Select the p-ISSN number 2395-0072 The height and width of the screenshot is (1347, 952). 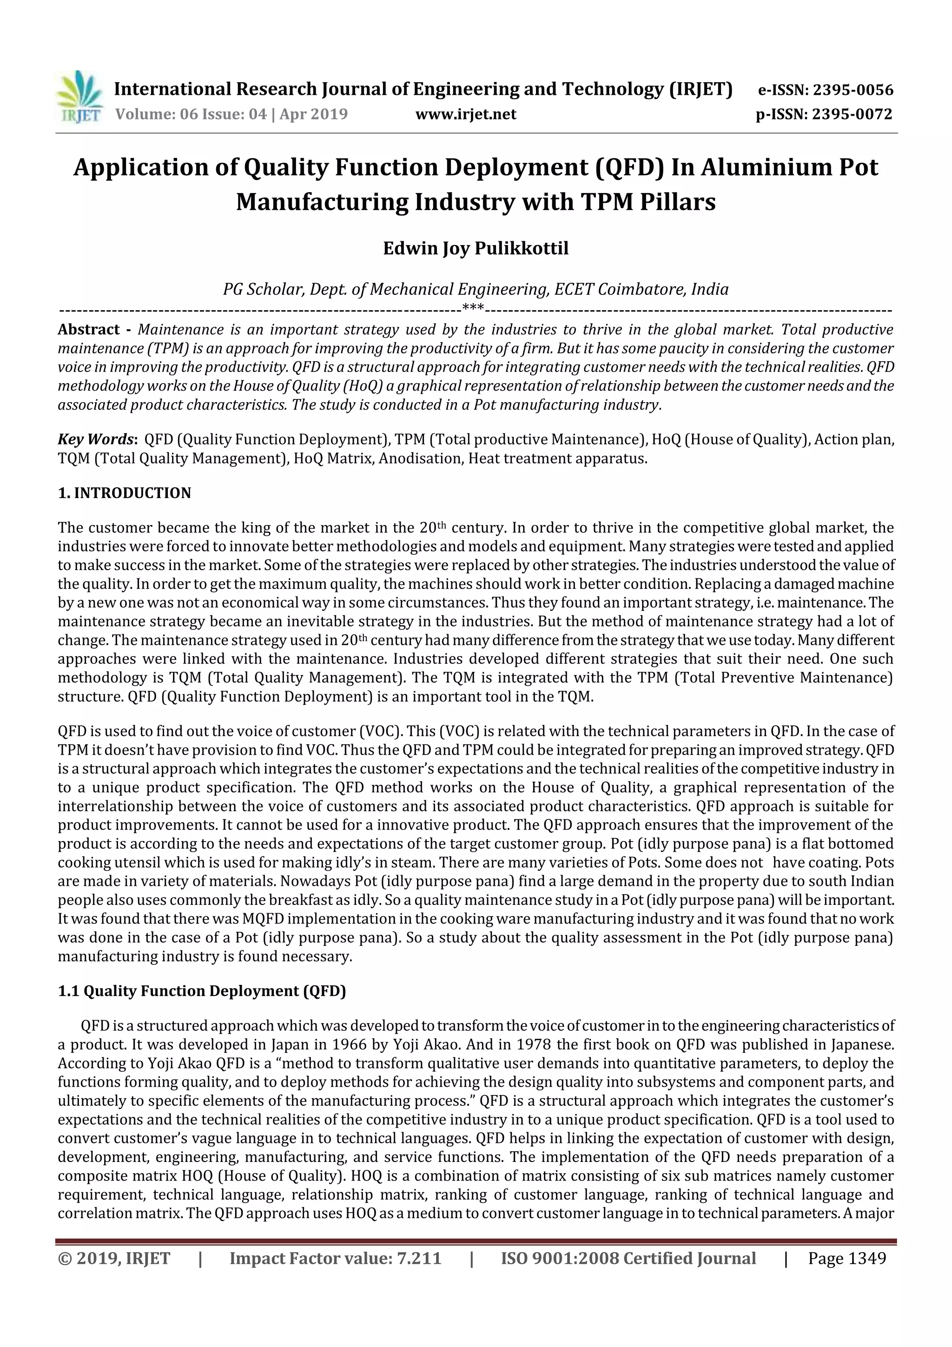[852, 114]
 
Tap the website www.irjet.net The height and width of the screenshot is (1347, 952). [466, 114]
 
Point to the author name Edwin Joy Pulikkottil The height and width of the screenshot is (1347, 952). [476, 249]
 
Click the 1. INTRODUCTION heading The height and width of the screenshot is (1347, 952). [125, 493]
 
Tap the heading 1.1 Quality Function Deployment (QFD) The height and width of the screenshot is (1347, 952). [202, 991]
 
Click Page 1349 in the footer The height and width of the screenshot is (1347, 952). [846, 1258]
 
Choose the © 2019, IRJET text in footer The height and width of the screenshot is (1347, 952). [114, 1258]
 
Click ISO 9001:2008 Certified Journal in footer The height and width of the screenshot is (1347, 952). [628, 1258]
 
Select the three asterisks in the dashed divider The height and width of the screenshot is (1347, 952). [473, 307]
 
